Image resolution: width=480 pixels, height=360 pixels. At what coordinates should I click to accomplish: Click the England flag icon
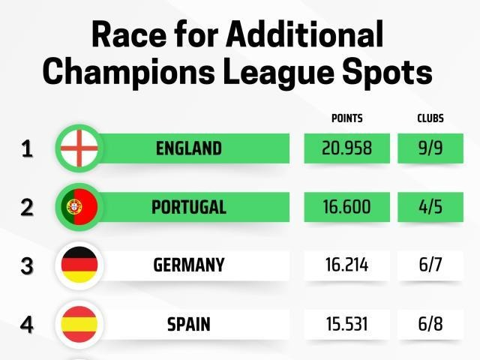[79, 148]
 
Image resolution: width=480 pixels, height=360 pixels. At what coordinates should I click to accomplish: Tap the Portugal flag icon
[79, 207]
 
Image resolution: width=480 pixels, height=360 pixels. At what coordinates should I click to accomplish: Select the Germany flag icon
[79, 265]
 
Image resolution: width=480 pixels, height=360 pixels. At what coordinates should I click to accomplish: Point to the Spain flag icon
[79, 325]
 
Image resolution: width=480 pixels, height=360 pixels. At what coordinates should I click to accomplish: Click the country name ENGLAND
[189, 148]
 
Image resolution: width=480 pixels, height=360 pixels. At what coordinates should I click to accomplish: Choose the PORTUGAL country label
[189, 208]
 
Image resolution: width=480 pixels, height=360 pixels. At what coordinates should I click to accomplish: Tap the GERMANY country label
[189, 265]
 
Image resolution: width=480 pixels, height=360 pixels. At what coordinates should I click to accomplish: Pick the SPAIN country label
[189, 325]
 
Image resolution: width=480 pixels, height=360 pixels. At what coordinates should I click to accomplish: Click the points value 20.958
[347, 148]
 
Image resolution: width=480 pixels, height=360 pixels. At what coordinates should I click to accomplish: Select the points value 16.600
[347, 207]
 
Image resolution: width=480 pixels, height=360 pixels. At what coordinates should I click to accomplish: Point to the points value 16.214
[347, 265]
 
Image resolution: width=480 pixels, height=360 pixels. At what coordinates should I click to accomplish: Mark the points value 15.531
[347, 325]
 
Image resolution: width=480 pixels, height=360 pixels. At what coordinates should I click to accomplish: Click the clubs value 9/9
[430, 148]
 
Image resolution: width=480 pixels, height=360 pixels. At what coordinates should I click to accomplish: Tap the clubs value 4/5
[430, 207]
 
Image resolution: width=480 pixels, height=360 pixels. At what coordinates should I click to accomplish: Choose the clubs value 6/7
[430, 265]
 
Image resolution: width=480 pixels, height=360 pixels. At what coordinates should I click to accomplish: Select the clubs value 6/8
[430, 325]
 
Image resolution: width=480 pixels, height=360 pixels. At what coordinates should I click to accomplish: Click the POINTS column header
[347, 118]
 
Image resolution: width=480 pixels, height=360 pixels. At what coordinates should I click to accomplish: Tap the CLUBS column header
[430, 118]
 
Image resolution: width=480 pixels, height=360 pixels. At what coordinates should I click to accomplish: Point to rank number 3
[27, 266]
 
